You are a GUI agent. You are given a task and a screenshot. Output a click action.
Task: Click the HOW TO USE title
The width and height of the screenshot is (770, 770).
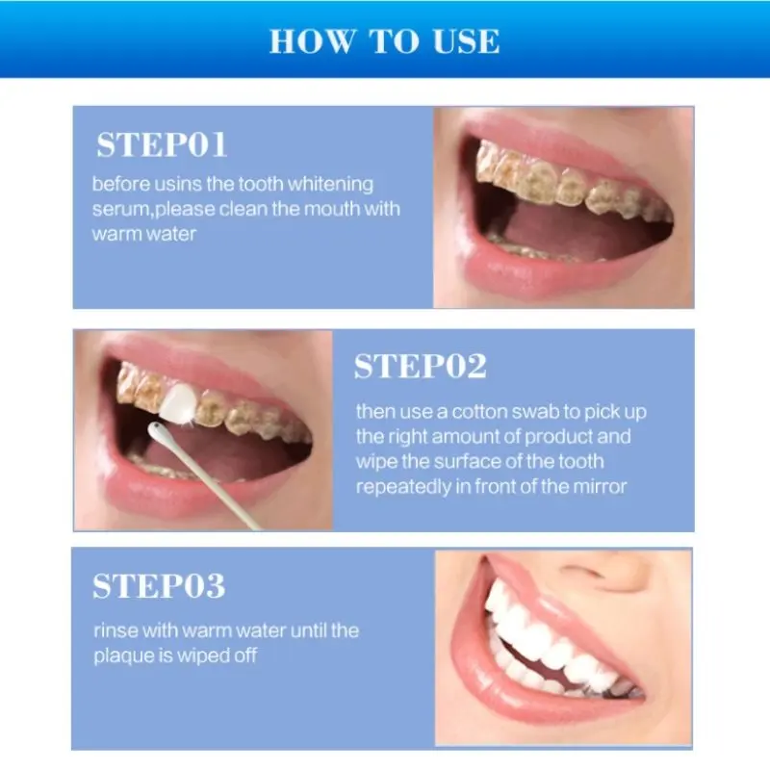pos(384,41)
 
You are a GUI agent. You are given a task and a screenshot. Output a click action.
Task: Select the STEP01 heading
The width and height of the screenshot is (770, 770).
pos(162,145)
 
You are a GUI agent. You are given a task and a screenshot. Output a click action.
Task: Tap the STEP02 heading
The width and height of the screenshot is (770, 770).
pos(421,367)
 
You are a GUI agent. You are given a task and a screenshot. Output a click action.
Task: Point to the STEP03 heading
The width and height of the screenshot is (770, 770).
pos(159,585)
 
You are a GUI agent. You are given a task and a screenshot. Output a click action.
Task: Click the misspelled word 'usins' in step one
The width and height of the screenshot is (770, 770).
pos(184,184)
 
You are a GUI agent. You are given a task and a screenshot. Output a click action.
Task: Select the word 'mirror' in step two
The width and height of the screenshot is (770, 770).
pos(601,486)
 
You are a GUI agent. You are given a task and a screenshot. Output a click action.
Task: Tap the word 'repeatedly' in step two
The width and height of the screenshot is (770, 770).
pos(400,486)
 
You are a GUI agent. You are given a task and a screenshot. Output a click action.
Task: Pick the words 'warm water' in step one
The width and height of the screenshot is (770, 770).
pos(143,234)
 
